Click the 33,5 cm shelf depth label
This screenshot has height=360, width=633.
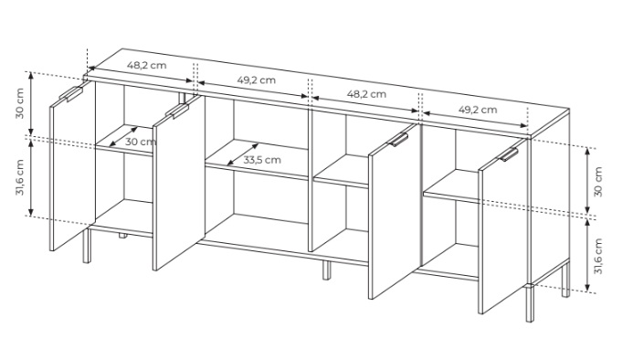coord(262,160)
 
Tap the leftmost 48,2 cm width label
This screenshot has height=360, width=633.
coord(146,65)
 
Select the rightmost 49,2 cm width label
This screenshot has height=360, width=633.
coord(478,109)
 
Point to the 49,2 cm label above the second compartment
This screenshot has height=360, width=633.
coord(257,79)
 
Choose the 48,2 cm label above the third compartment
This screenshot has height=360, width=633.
coord(366,94)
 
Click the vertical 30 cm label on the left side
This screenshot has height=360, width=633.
coord(20,103)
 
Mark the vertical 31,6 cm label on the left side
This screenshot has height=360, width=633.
coord(20,177)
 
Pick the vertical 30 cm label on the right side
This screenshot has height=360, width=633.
coord(598,182)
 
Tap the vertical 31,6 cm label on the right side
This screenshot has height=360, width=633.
coord(598,256)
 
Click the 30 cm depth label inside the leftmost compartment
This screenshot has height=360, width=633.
coord(141,142)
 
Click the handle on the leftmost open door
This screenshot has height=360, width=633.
coord(71,93)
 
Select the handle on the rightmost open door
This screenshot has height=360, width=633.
coord(509,154)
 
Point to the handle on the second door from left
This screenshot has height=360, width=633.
coord(177,110)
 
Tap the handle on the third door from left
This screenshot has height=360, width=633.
coord(398,139)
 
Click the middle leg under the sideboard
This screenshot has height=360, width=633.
coord(326,270)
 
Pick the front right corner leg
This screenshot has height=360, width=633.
coord(530,303)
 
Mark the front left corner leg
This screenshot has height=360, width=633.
coord(87,246)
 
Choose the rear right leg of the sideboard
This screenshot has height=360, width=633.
coord(566,281)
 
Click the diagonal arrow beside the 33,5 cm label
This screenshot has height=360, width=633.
coord(243,154)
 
